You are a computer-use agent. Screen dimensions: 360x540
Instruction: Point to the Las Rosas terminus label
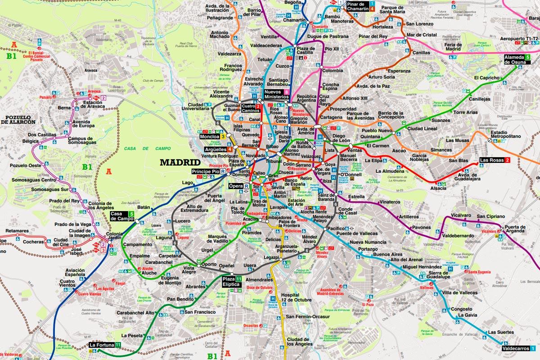[491, 160]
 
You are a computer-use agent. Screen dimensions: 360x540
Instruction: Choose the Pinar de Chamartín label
[358, 6]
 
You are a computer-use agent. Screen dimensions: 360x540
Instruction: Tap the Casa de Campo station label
[119, 216]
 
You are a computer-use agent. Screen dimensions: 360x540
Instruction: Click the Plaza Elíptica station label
[231, 282]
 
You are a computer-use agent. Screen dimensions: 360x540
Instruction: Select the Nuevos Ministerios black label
[276, 94]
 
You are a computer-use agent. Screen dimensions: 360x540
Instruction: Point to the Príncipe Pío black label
[205, 172]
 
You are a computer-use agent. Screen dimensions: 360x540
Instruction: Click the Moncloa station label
[209, 136]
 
